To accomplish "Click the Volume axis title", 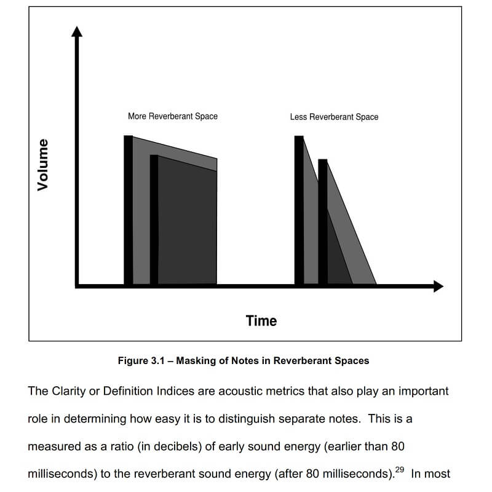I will click(x=42, y=165).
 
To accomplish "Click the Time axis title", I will click(x=261, y=320).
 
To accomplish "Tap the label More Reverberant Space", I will click(x=173, y=116).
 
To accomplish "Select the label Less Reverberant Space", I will click(x=334, y=117).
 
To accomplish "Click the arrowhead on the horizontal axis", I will click(x=437, y=286).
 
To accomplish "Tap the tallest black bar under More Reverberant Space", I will click(x=128, y=209).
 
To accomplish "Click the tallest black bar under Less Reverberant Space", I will click(x=299, y=209).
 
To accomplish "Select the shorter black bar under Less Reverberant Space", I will click(x=323, y=221).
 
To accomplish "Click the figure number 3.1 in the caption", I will click(x=159, y=361).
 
